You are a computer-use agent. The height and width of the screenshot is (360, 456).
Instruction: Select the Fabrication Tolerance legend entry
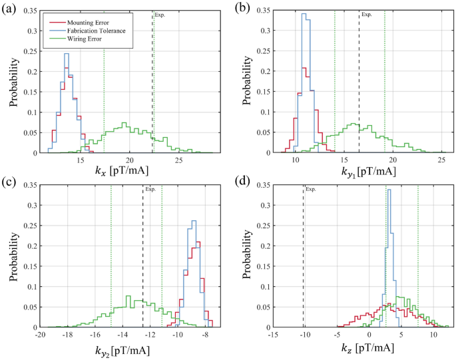point(94,31)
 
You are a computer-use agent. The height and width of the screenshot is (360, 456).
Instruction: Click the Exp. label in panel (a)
point(159,14)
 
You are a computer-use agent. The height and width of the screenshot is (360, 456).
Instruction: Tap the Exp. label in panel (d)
point(310,190)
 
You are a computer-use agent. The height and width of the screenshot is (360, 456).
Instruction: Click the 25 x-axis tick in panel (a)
point(178,160)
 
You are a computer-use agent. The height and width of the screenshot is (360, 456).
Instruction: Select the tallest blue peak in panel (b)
point(304,14)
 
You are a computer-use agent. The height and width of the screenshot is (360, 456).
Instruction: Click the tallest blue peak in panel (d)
point(389,190)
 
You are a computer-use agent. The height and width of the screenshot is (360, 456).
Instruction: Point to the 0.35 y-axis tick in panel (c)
point(29,184)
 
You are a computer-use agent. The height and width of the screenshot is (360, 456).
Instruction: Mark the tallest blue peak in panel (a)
point(67,54)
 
